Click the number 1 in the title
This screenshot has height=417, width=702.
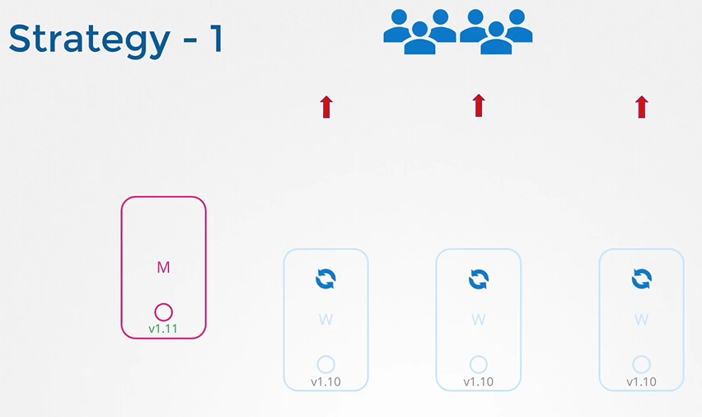(x=215, y=39)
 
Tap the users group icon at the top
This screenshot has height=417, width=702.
(x=457, y=31)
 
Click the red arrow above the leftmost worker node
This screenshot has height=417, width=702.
(x=326, y=106)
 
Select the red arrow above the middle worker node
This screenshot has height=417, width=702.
(x=479, y=105)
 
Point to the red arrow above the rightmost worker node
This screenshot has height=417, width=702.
(x=642, y=106)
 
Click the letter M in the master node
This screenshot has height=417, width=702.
(x=163, y=267)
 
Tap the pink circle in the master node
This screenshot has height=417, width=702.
(x=163, y=312)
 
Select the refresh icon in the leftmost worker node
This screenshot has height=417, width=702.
(x=326, y=279)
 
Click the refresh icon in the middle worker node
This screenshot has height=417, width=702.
(x=479, y=279)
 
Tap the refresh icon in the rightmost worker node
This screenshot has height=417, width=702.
(x=642, y=279)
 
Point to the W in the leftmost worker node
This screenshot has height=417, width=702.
(x=326, y=320)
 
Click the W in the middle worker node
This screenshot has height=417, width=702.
(x=479, y=320)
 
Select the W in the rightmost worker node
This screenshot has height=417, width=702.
(x=642, y=320)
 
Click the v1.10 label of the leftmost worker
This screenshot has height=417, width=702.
(x=326, y=382)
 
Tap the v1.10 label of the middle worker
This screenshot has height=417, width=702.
(x=479, y=382)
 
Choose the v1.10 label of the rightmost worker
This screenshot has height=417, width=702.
(x=642, y=382)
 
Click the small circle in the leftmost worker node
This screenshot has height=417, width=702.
(x=326, y=364)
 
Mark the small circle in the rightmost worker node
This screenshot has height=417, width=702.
(x=642, y=364)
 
